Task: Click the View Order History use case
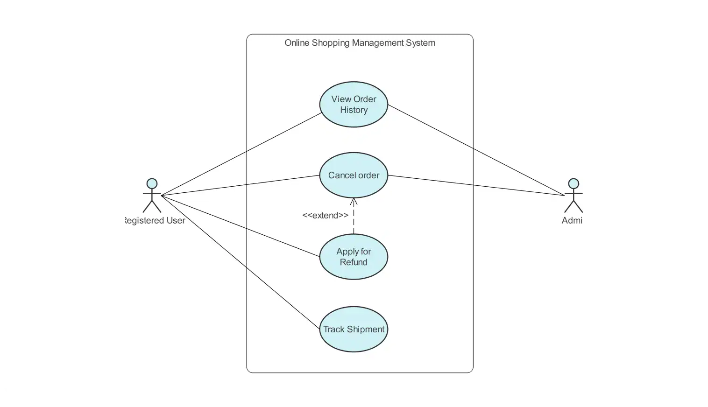[354, 105]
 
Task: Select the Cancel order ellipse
[354, 175]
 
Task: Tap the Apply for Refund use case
[354, 257]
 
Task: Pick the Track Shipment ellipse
[354, 329]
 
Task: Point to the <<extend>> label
[325, 215]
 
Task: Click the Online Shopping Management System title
[360, 43]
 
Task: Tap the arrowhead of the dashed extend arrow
[354, 201]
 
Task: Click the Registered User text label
[156, 221]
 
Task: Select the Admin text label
[572, 221]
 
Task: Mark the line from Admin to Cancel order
[476, 185]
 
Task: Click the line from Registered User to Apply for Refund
[241, 226]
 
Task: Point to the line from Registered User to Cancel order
[241, 185]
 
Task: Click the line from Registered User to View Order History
[241, 154]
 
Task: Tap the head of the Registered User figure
[152, 183]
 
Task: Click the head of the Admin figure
[573, 183]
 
